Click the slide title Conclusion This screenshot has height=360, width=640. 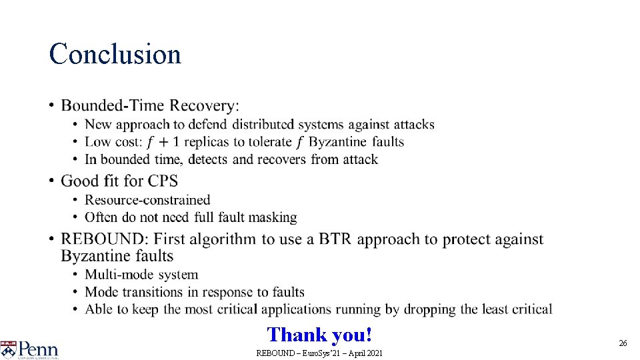click(115, 54)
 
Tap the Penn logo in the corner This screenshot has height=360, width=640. click(30, 349)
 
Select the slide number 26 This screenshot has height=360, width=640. click(623, 343)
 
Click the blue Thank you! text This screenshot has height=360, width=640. click(319, 335)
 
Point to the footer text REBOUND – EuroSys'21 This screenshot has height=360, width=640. click(319, 353)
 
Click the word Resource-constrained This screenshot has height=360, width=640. click(147, 200)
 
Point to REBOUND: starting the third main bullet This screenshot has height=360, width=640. click(95, 239)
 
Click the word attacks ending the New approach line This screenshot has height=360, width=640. click(413, 125)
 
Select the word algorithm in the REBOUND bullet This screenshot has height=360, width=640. click(224, 239)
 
